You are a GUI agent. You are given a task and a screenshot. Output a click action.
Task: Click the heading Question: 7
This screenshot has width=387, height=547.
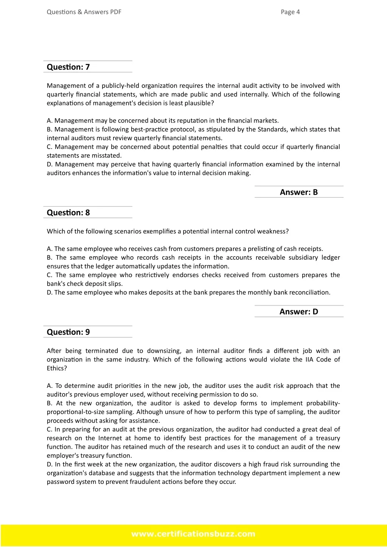click(68, 67)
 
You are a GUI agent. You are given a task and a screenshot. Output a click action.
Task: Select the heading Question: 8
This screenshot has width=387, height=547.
click(68, 212)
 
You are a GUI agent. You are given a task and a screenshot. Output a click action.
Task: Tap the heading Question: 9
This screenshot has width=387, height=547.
click(68, 332)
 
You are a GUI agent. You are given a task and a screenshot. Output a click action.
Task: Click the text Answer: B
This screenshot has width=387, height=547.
click(298, 192)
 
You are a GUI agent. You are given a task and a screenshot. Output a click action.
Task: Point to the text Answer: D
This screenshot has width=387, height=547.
click(298, 311)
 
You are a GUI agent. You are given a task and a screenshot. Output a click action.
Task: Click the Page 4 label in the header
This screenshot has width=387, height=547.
click(290, 12)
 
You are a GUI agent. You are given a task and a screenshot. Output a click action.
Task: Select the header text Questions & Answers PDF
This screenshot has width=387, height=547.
click(84, 12)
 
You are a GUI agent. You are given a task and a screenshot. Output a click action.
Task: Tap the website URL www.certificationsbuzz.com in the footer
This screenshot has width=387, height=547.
click(193, 534)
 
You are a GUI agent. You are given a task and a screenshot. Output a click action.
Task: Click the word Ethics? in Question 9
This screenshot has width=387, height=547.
click(57, 368)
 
